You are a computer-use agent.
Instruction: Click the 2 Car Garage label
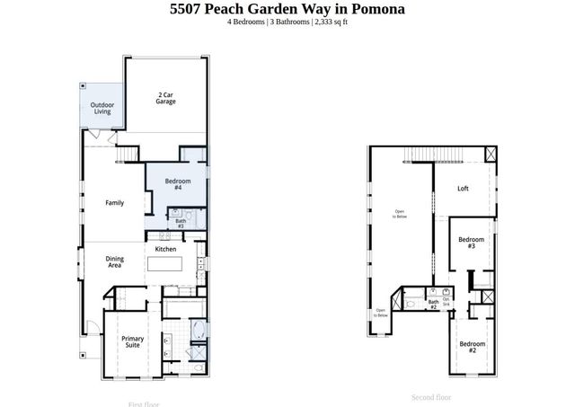pyautogui.click(x=165, y=97)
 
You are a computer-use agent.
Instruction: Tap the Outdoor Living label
pyautogui.click(x=102, y=108)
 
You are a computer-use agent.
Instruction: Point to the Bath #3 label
pyautogui.click(x=181, y=223)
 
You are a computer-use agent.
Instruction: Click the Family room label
pyautogui.click(x=115, y=203)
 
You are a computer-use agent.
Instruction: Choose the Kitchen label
pyautogui.click(x=166, y=249)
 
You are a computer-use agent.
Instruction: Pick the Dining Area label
pyautogui.click(x=115, y=262)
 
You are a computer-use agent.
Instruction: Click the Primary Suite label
pyautogui.click(x=133, y=342)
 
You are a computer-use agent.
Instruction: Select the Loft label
pyautogui.click(x=463, y=189)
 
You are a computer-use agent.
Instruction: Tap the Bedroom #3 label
pyautogui.click(x=472, y=243)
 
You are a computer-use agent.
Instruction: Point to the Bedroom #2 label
pyautogui.click(x=473, y=347)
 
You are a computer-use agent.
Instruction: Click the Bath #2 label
pyautogui.click(x=433, y=305)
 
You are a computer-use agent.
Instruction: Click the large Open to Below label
pyautogui.click(x=400, y=215)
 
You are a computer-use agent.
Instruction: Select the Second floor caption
pyautogui.click(x=431, y=397)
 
